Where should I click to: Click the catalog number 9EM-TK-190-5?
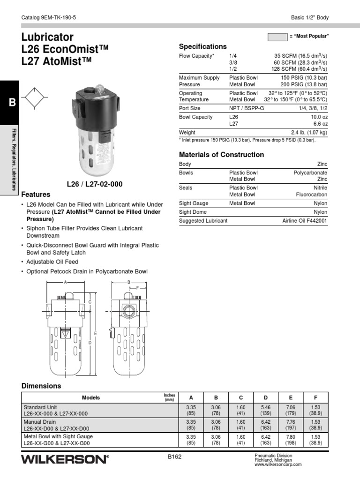point(49,18)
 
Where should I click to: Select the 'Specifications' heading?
point(202,46)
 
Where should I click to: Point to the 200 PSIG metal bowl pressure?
point(304,85)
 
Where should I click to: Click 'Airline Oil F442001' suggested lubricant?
point(305,220)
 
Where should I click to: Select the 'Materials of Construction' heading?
point(221,155)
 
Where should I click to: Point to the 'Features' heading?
point(36,194)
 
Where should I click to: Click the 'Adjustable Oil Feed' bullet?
point(52,262)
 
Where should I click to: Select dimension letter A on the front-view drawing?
point(66,283)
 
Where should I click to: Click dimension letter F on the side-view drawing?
point(137,287)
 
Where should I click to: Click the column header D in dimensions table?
point(266,397)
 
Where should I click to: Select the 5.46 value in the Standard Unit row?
point(266,408)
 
